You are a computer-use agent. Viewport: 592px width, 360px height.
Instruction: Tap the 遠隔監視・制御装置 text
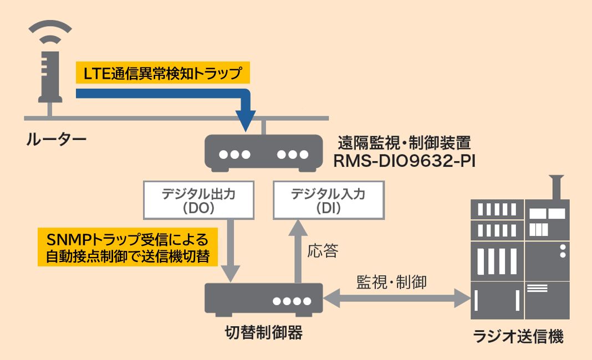pos(405,143)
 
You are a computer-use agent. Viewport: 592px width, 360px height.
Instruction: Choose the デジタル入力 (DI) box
pos(331,200)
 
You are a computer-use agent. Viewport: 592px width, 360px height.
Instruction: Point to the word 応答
pos(323,251)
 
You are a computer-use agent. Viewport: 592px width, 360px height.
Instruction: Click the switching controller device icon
pos(263,299)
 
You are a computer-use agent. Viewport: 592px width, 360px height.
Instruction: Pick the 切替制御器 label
pos(263,333)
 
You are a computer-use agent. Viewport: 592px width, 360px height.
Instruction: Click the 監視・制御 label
pos(391,281)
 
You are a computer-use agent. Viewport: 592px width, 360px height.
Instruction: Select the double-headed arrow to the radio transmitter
pos(396,300)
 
